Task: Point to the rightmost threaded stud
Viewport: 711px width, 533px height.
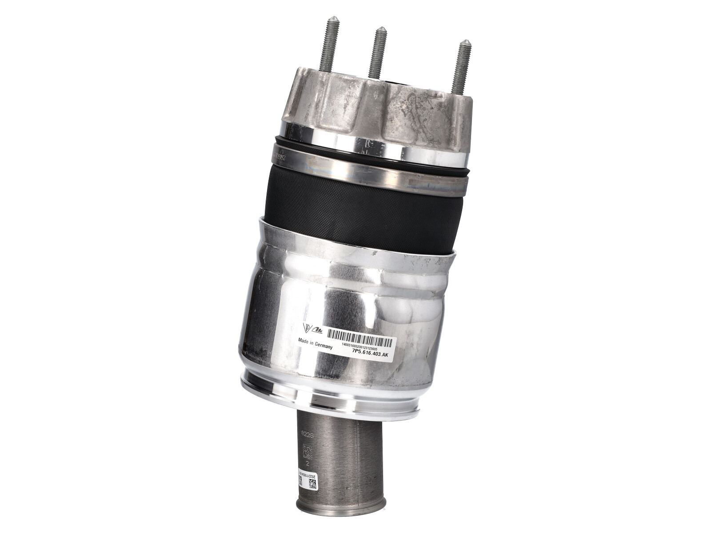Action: pyautogui.click(x=461, y=67)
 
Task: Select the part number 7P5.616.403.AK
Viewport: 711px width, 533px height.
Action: pyautogui.click(x=370, y=355)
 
